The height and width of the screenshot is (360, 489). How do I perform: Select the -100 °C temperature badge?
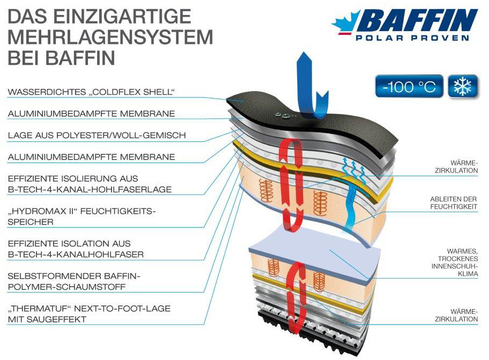[409, 86]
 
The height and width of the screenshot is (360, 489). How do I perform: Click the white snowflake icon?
[463, 86]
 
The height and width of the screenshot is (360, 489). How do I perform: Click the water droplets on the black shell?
[283, 116]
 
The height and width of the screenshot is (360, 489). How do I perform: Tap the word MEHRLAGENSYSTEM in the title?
[110, 37]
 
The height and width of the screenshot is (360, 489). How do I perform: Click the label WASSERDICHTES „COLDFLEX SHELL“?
[91, 92]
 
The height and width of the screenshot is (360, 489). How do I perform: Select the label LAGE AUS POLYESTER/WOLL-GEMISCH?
[97, 136]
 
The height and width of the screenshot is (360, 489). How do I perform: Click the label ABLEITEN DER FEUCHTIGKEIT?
[454, 202]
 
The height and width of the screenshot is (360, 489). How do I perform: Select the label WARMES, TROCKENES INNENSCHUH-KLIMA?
[455, 262]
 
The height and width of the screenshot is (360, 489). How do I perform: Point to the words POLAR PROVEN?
[412, 38]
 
